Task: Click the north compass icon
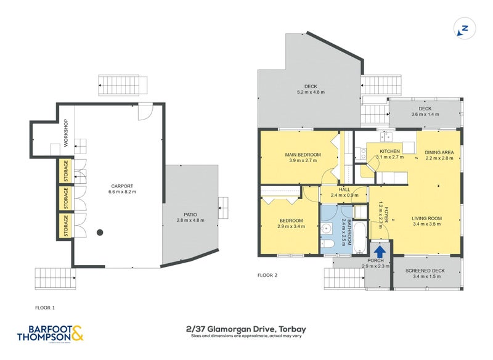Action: [465, 28]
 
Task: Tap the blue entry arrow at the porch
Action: [380, 252]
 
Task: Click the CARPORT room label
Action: [122, 186]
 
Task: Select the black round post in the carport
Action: [99, 232]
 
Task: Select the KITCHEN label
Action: [389, 151]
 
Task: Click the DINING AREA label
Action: [439, 152]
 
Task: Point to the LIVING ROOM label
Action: [427, 218]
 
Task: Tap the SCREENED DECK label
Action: [426, 271]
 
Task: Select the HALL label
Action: [344, 189]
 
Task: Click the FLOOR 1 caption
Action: [46, 306]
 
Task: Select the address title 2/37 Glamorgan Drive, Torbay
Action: [246, 329]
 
